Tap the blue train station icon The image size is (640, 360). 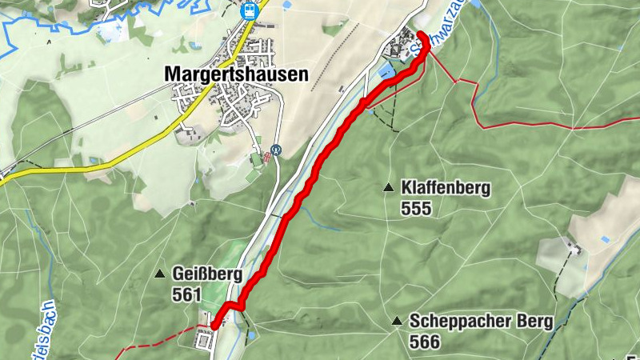coord(249,10)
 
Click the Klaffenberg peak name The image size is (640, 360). coord(446,189)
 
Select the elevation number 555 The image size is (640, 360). coord(418,209)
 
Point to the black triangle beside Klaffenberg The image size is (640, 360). coord(388,189)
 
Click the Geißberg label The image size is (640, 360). coord(206,274)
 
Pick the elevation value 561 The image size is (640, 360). coord(186,294)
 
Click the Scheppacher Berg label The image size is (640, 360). coord(481,322)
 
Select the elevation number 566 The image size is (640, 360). coord(424,342)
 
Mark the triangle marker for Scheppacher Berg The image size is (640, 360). coord(397,322)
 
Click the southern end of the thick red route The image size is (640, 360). coord(214,325)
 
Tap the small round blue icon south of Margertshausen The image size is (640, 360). coord(277,149)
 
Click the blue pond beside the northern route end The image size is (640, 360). coord(386,72)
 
